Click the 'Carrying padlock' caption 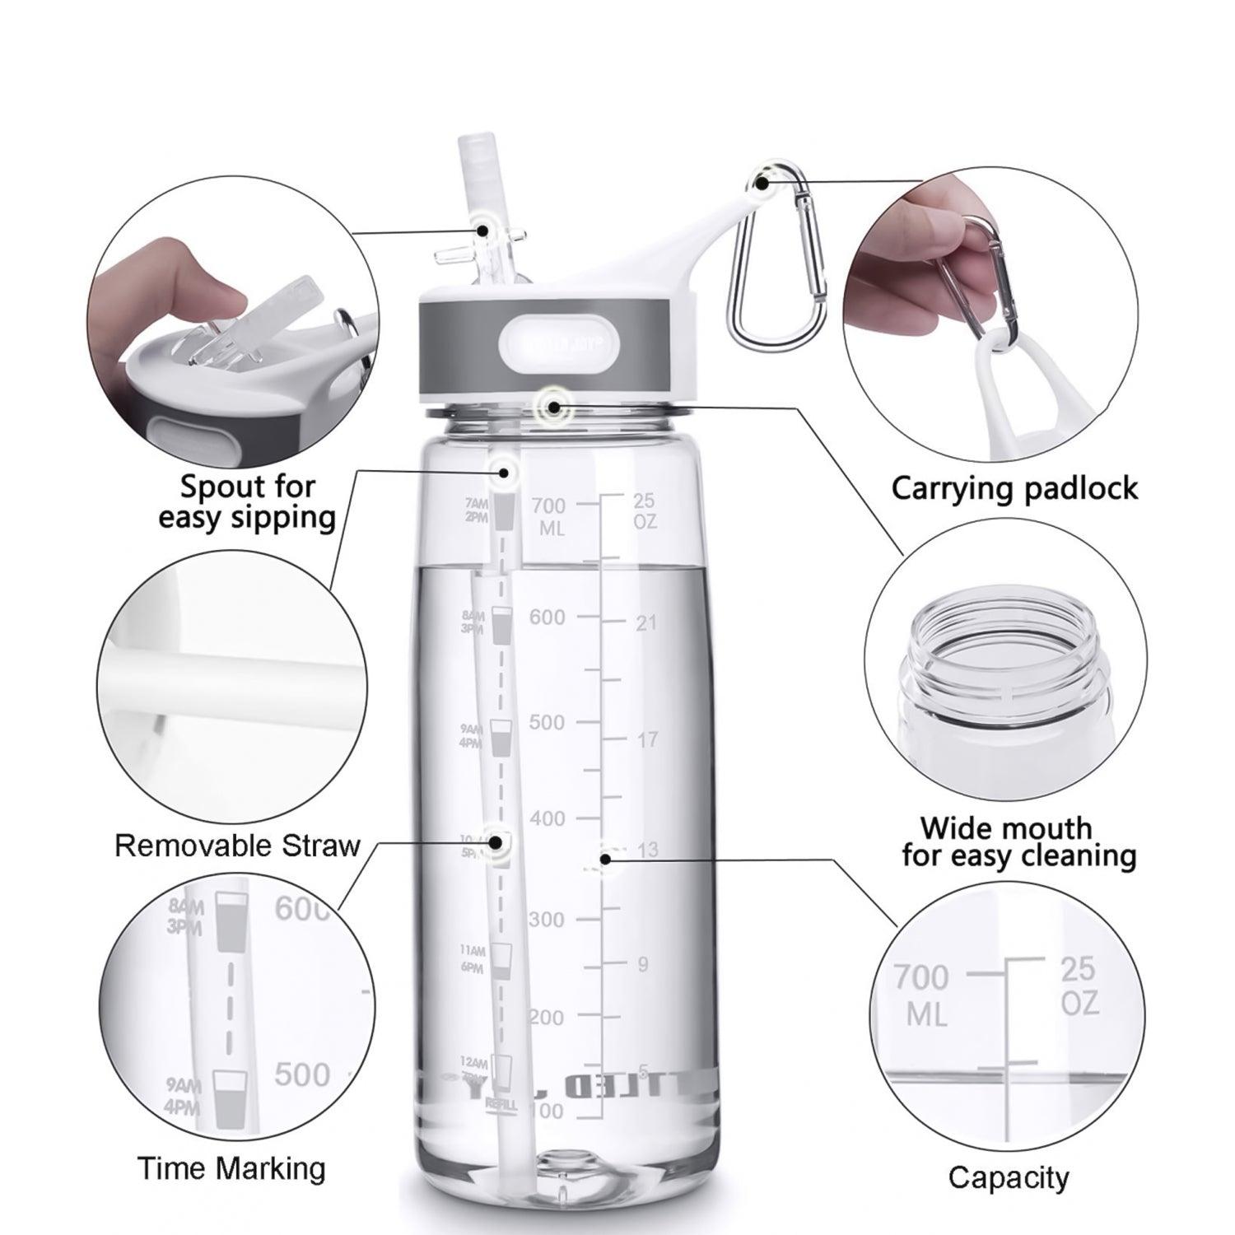(x=1014, y=488)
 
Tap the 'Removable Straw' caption (x=237, y=846)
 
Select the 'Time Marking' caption (x=231, y=1168)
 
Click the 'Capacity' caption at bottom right (x=1008, y=1177)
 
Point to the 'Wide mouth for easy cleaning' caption (x=1018, y=841)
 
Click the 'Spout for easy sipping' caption (x=247, y=501)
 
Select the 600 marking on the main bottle (x=548, y=617)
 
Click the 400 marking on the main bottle (x=548, y=818)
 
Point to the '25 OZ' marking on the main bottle (x=645, y=510)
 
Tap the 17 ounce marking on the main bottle (x=647, y=740)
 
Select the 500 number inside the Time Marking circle (x=302, y=1074)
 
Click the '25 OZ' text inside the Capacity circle (x=1079, y=986)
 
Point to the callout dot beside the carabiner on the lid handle (x=763, y=183)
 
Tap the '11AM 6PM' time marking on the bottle (x=473, y=959)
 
